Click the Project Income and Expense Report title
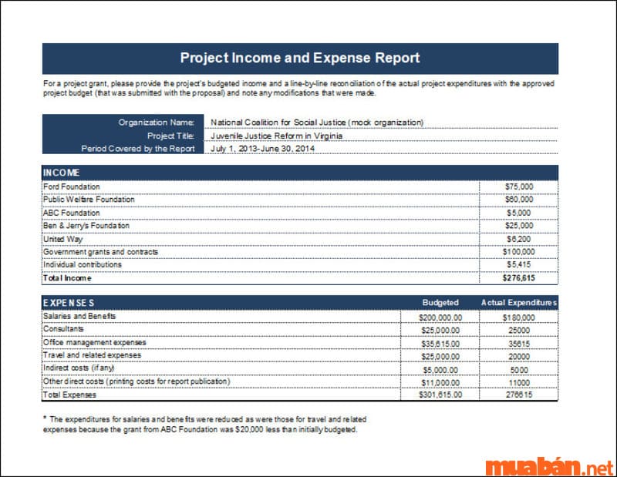pos(300,58)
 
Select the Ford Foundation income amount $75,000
pos(519,186)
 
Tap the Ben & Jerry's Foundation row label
pos(86,226)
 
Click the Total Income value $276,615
pos(518,278)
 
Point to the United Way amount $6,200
pos(519,239)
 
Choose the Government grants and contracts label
pos(100,252)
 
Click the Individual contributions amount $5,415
pos(519,265)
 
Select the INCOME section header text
pos(62,173)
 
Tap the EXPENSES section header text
pos(69,303)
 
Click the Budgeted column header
pos(440,303)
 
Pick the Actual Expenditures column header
pos(518,303)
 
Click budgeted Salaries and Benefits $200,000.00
pos(440,317)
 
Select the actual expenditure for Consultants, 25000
pos(519,330)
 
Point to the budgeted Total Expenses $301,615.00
pos(440,395)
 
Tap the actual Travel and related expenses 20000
pos(519,356)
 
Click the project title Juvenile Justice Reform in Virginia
pos(276,135)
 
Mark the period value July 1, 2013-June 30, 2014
pos(262,148)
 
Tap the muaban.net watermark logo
pos(548,466)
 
